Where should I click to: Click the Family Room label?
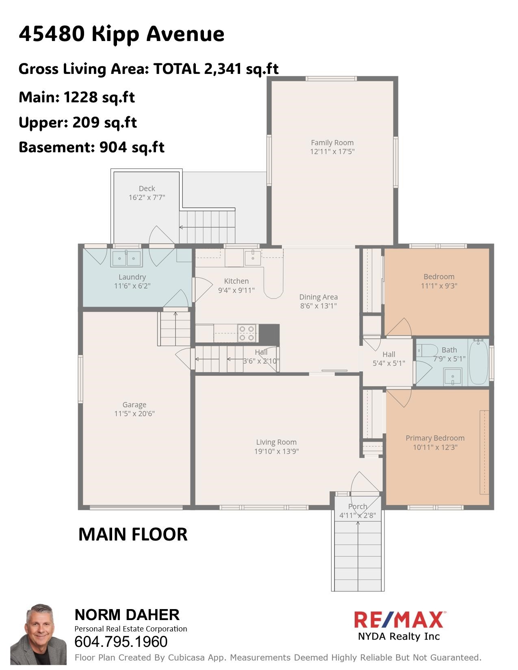pyautogui.click(x=332, y=143)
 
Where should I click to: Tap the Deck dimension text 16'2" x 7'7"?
pyautogui.click(x=147, y=198)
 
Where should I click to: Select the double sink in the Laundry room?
pyautogui.click(x=127, y=258)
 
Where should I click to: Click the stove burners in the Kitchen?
pyautogui.click(x=247, y=333)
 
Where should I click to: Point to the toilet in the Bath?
pyautogui.click(x=427, y=350)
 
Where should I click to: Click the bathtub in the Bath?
pyautogui.click(x=479, y=363)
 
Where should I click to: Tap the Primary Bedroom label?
pyautogui.click(x=435, y=438)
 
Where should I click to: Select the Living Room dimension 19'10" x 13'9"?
pyautogui.click(x=276, y=451)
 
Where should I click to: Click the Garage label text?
pyautogui.click(x=134, y=405)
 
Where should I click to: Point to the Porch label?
pyautogui.click(x=358, y=506)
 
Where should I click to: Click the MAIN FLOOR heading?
pyautogui.click(x=133, y=534)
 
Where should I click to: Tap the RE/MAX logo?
pyautogui.click(x=399, y=620)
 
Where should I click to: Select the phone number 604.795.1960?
pyautogui.click(x=121, y=642)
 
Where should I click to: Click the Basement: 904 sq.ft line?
pyautogui.click(x=91, y=147)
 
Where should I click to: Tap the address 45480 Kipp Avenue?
pyautogui.click(x=121, y=34)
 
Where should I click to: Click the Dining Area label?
pyautogui.click(x=318, y=297)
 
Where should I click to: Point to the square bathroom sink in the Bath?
pyautogui.click(x=453, y=376)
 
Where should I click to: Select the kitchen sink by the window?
pyautogui.click(x=253, y=257)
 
